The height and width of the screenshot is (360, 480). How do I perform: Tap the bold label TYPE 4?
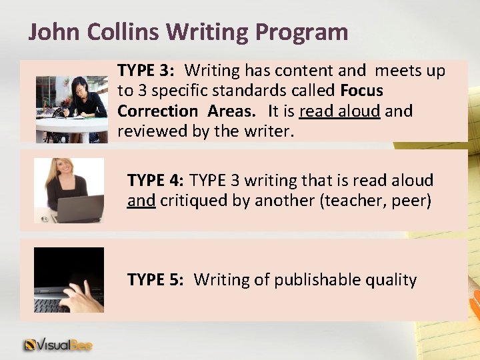click(155, 181)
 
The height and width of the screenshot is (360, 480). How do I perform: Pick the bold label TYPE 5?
click(155, 280)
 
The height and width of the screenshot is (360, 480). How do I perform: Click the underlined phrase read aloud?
click(340, 111)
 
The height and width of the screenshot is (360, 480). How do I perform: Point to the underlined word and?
click(141, 201)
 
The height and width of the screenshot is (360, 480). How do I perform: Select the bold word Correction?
click(158, 111)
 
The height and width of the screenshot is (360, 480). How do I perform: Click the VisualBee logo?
click(59, 345)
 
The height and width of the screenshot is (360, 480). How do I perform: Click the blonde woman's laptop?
click(79, 209)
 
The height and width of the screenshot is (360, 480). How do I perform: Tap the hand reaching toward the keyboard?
click(83, 296)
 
